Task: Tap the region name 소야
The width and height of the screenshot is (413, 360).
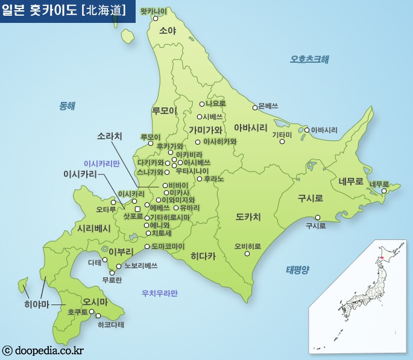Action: pyautogui.click(x=168, y=31)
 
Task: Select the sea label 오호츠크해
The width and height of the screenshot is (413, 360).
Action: pyautogui.click(x=309, y=59)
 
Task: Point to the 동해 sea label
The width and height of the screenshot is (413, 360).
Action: pyautogui.click(x=67, y=106)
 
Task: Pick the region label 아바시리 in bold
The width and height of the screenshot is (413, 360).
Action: pyautogui.click(x=250, y=128)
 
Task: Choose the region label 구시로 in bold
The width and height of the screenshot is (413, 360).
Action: pyautogui.click(x=310, y=198)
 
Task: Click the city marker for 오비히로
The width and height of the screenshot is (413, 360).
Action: pyautogui.click(x=247, y=254)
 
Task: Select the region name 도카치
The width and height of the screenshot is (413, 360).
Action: pyautogui.click(x=248, y=216)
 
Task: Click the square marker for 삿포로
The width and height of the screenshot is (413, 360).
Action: pyautogui.click(x=137, y=209)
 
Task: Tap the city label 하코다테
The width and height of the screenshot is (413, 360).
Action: pyautogui.click(x=110, y=324)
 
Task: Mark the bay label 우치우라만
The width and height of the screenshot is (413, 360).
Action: pyautogui.click(x=159, y=294)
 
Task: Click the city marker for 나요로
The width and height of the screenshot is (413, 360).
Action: pyautogui.click(x=200, y=104)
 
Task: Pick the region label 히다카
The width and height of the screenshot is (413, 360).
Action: pyautogui.click(x=203, y=256)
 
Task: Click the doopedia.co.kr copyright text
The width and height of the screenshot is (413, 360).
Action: pyautogui.click(x=43, y=350)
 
